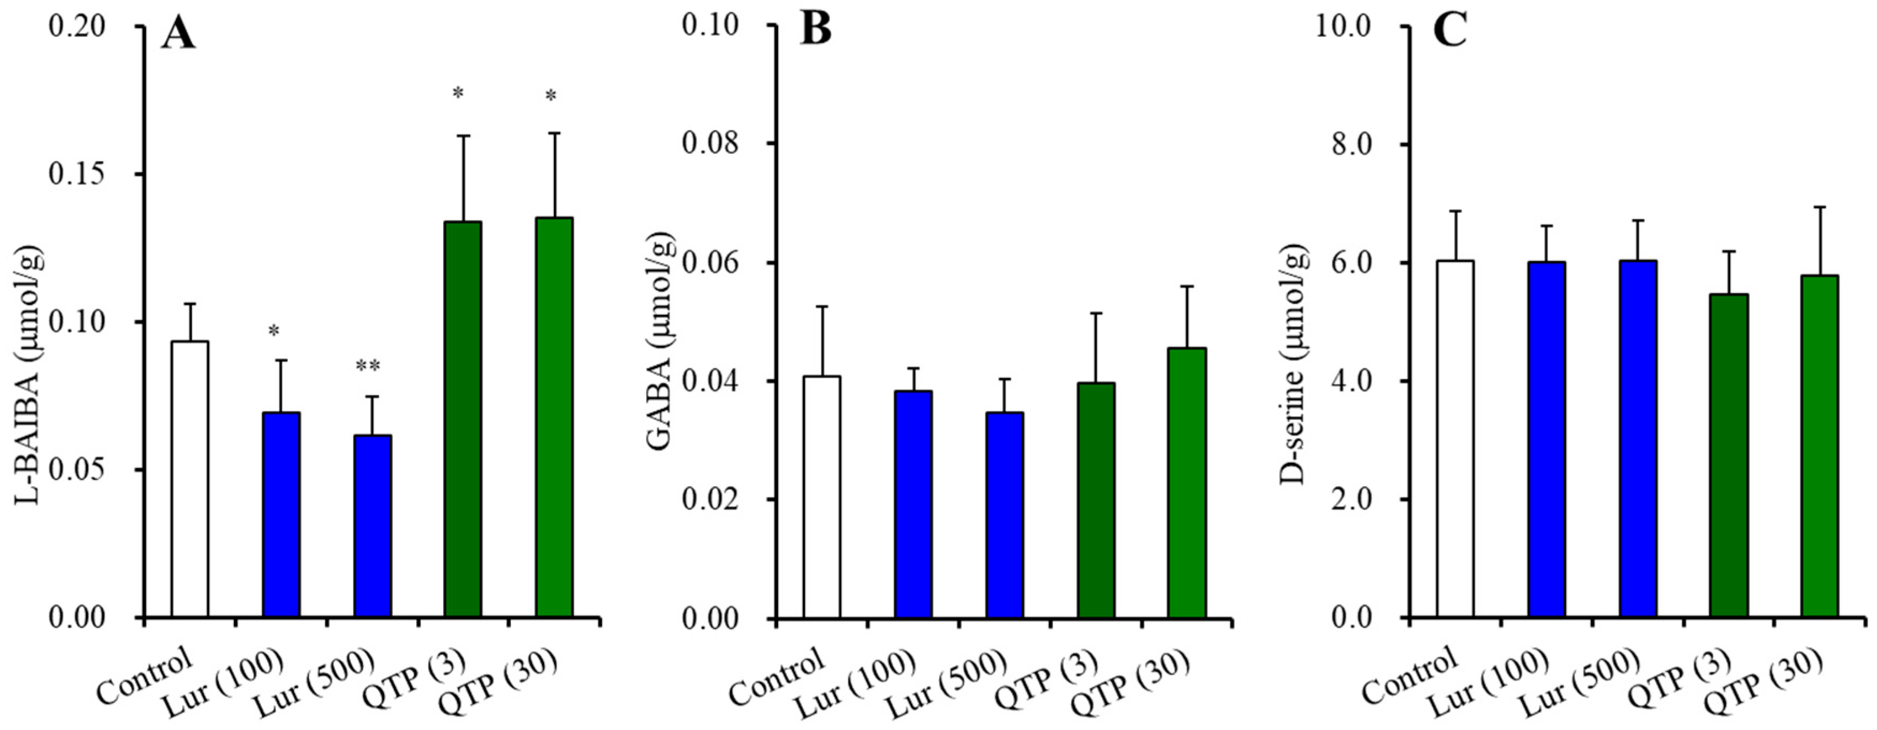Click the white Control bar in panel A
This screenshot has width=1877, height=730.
tap(189, 478)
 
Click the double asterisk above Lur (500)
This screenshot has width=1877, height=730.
tap(368, 366)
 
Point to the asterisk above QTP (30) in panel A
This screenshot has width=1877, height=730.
tap(551, 96)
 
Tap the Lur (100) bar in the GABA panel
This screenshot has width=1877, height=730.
tap(914, 504)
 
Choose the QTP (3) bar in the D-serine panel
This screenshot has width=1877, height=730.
tap(1729, 456)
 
